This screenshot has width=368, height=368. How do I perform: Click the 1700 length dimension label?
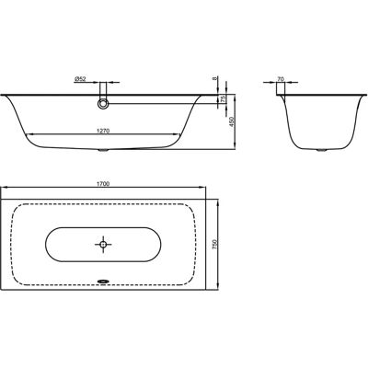pyautogui.click(x=103, y=183)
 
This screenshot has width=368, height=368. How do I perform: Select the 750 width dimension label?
pyautogui.click(x=214, y=245)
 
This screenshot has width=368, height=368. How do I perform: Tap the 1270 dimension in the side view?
pyautogui.click(x=103, y=131)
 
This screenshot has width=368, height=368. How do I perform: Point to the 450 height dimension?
pyautogui.click(x=231, y=122)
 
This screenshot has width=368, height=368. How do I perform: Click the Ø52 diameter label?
pyautogui.click(x=80, y=79)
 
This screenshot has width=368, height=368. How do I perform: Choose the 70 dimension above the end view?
pyautogui.click(x=281, y=79)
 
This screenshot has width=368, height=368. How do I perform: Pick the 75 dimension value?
pyautogui.click(x=223, y=98)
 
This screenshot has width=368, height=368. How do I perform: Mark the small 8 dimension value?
pyautogui.click(x=214, y=78)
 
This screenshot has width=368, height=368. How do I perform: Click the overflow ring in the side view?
pyautogui.click(x=103, y=104)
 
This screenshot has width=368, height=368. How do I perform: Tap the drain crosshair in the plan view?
pyautogui.click(x=103, y=245)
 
